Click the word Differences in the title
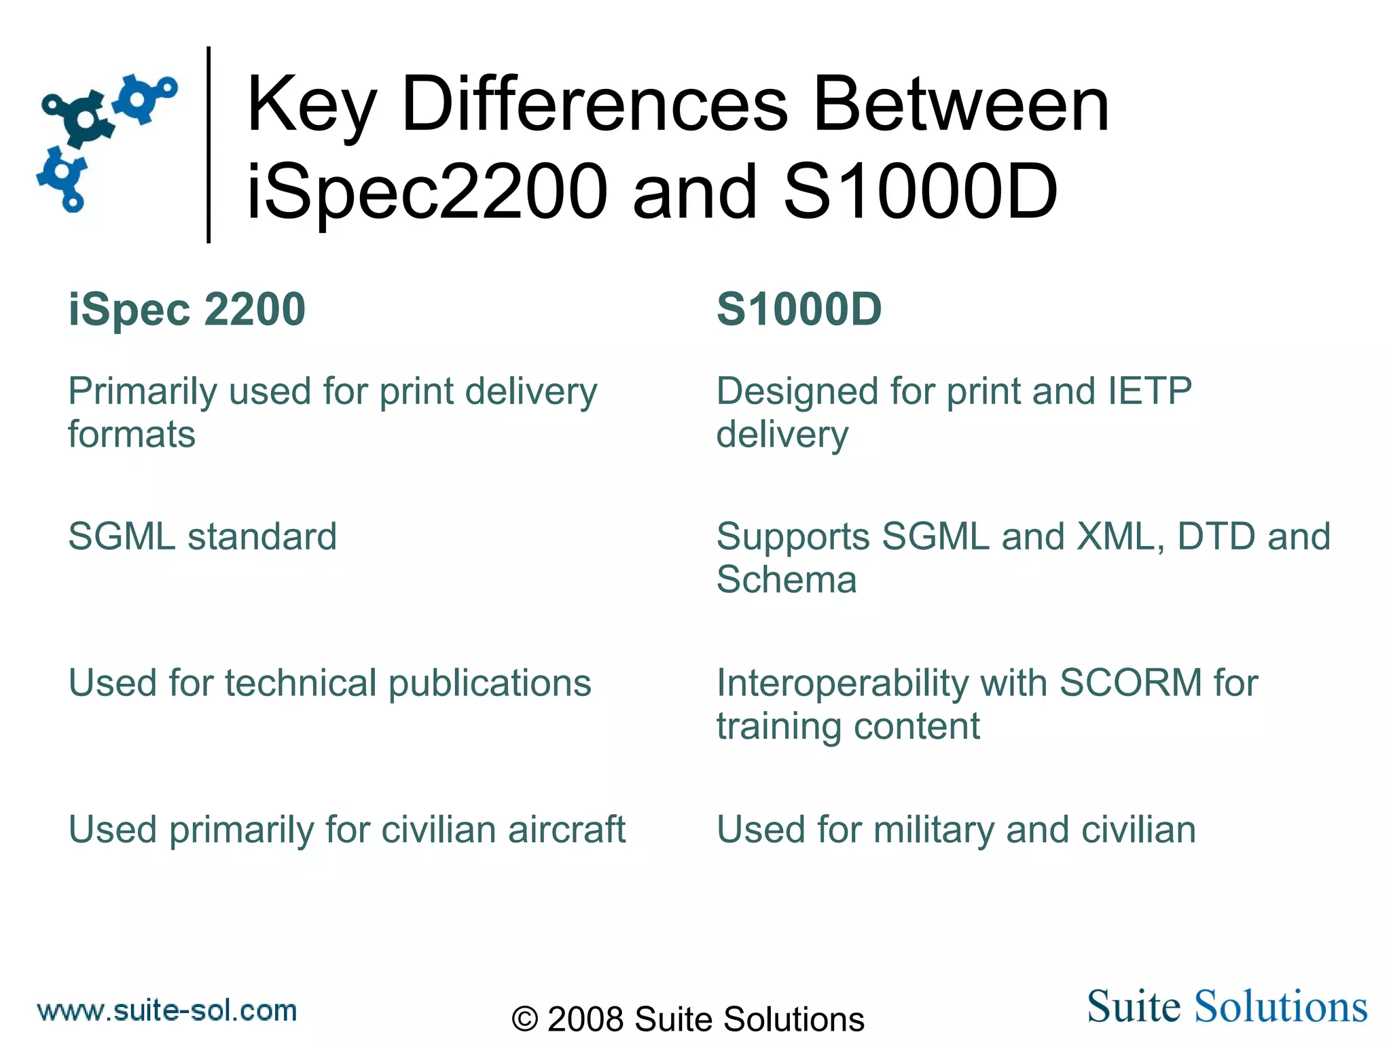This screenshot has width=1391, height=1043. point(594,105)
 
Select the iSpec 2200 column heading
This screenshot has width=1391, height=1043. point(187,310)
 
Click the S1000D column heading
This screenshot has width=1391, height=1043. point(799,310)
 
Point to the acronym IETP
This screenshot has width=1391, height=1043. point(1149,391)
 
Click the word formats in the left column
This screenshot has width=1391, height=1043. point(132,435)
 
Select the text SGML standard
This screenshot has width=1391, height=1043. point(202,536)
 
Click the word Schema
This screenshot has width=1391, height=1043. point(787,580)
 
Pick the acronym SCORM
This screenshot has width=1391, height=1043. point(1131,682)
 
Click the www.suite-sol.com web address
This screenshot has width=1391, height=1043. point(167,1011)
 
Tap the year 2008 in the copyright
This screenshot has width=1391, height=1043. point(585,1019)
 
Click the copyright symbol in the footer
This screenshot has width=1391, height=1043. point(525,1019)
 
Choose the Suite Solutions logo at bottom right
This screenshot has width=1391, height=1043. point(1227,1006)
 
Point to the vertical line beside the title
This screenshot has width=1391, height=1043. point(209,145)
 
